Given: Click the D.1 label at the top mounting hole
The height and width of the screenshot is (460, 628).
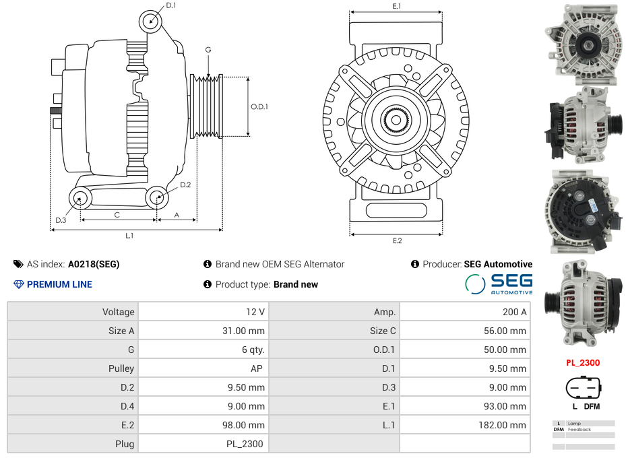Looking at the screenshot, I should coord(171,5).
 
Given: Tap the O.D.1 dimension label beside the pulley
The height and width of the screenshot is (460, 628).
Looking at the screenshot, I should coord(259,106).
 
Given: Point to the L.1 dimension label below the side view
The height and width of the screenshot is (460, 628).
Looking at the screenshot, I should coord(129,236).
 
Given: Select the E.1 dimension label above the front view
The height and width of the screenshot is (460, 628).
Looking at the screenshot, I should coord(397,6).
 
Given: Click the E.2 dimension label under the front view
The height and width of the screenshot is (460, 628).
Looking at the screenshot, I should coord(397,241).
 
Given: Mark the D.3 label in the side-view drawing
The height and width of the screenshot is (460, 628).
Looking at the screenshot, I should coord(61,220).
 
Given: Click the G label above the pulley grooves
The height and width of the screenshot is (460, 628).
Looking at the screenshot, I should coord(208,50).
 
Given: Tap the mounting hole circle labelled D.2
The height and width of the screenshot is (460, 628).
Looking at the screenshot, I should coord(157,197).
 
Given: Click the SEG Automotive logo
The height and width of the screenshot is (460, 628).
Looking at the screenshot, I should coord(499,284).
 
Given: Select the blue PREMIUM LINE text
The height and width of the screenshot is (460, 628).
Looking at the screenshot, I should coord(59,284).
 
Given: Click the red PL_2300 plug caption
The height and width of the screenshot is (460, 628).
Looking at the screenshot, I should coord(583,362).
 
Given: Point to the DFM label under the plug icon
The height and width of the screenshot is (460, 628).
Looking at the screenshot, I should coord(592,406).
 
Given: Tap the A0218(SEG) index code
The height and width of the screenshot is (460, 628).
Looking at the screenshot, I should coord(94,264).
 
